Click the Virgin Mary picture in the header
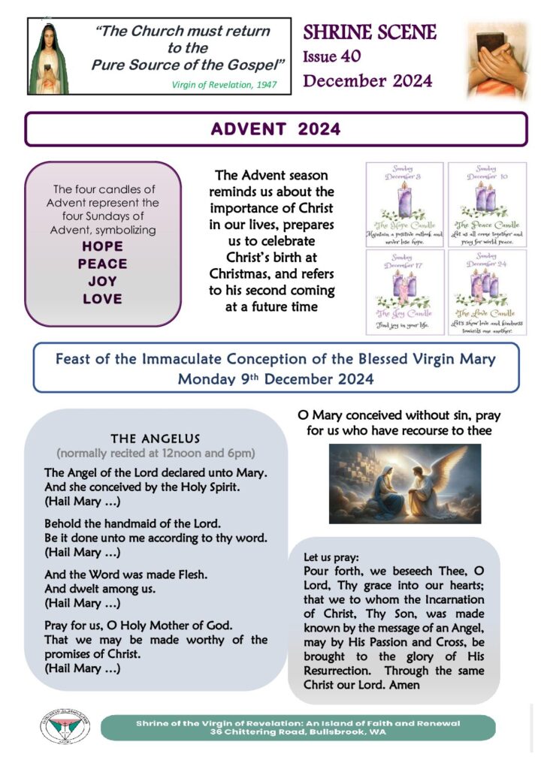click(x=49, y=58)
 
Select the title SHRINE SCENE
click(x=370, y=32)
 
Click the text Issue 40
click(x=331, y=56)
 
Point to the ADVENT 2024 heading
click(x=275, y=129)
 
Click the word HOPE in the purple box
click(x=102, y=246)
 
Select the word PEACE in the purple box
click(x=102, y=264)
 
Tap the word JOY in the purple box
click(x=102, y=282)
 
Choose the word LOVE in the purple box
click(x=102, y=299)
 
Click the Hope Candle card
click(x=404, y=204)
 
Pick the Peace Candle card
click(x=486, y=204)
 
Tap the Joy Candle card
click(x=404, y=292)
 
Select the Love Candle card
click(x=486, y=292)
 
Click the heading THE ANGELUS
click(x=156, y=439)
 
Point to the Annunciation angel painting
click(x=404, y=484)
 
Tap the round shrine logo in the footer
click(x=65, y=727)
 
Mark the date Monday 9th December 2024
click(x=275, y=379)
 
